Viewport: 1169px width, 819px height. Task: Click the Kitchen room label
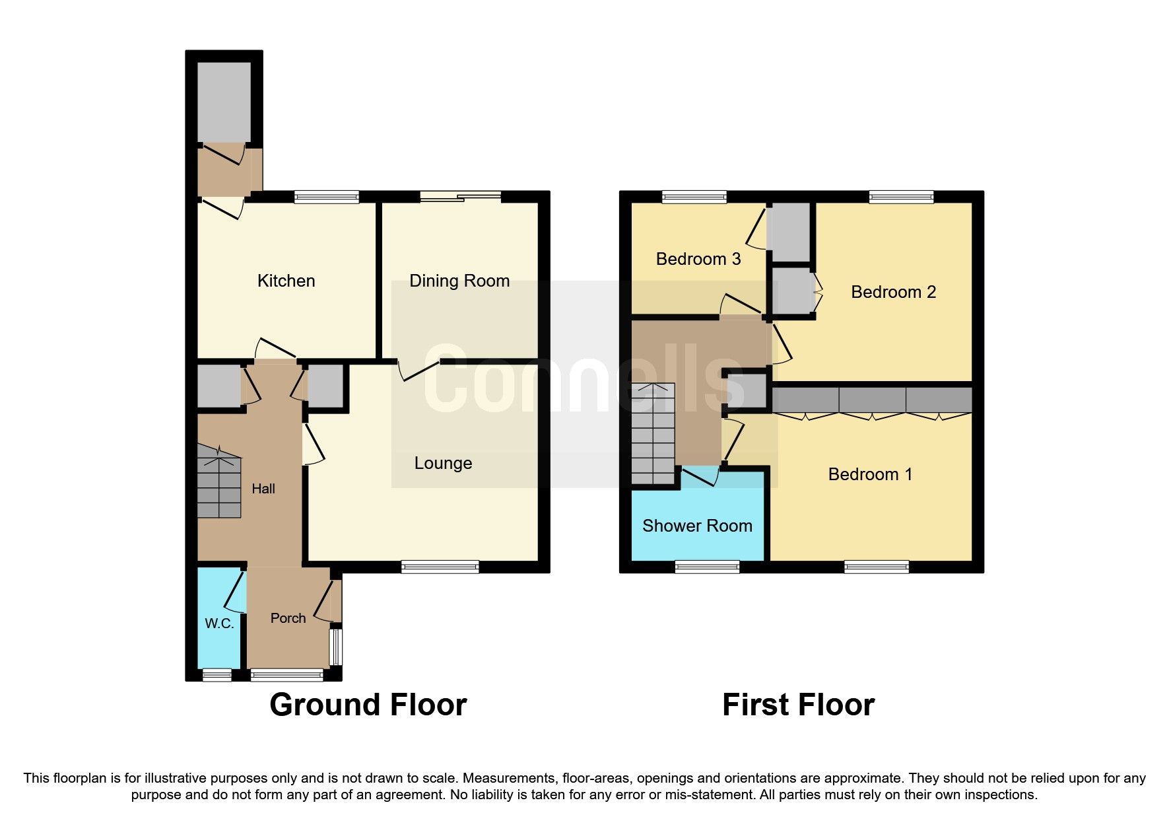(286, 281)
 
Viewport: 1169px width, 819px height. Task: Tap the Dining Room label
(459, 281)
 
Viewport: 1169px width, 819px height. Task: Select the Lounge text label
(443, 463)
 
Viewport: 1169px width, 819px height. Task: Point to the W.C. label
(219, 623)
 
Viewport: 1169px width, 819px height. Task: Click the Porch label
(288, 618)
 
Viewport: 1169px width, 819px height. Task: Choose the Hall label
(263, 489)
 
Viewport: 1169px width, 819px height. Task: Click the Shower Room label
(697, 526)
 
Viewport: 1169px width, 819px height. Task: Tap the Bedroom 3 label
(698, 259)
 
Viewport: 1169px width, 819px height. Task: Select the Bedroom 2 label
(893, 292)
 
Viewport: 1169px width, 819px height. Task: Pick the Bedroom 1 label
(870, 474)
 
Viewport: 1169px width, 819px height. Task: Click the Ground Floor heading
(368, 705)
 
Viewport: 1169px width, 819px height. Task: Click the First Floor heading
(798, 705)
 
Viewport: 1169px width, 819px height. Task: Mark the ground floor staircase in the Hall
(218, 481)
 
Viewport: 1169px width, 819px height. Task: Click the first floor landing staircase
(653, 433)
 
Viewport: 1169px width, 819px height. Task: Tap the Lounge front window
(440, 567)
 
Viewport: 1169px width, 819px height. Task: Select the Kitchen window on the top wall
(326, 197)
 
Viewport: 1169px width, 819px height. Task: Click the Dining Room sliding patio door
(460, 196)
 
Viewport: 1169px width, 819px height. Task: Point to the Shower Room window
(706, 567)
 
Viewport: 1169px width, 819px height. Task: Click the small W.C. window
(217, 674)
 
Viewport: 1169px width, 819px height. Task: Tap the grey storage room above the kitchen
(224, 102)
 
